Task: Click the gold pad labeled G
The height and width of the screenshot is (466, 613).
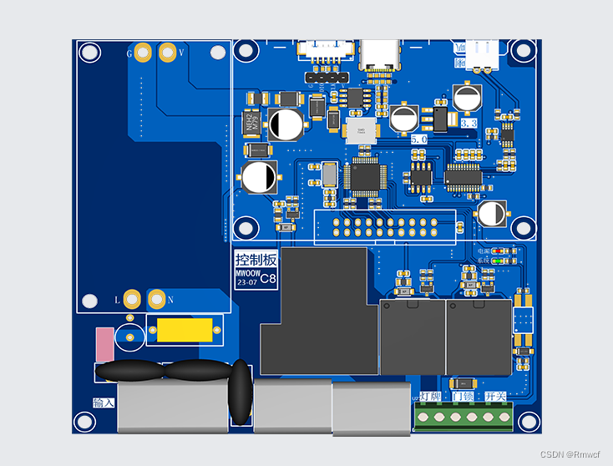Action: [144, 53]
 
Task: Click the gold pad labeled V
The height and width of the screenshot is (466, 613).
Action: [167, 53]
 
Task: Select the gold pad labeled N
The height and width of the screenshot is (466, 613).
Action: [156, 298]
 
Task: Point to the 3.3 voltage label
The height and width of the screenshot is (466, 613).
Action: [469, 123]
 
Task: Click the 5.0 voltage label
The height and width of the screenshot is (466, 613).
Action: [419, 139]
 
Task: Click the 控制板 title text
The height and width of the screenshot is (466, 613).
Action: [254, 259]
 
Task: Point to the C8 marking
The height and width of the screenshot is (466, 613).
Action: [268, 281]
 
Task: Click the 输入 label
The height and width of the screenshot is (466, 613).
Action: [104, 403]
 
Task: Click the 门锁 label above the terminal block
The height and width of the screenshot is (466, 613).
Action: [463, 396]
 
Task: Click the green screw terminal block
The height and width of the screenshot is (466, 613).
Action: [464, 415]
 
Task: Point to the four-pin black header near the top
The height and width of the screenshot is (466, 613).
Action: [326, 77]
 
